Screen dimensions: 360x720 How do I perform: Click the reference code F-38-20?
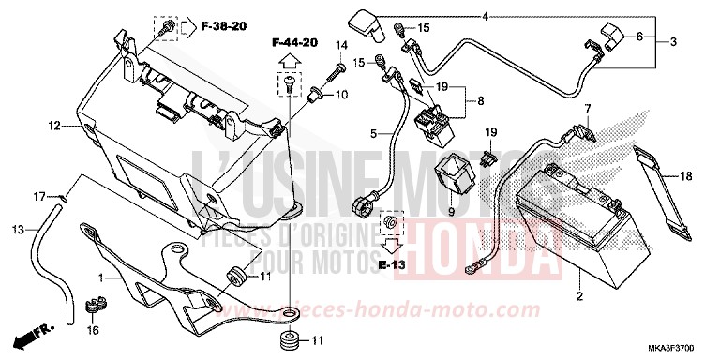click(x=223, y=25)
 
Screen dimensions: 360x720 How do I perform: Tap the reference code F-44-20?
click(x=295, y=43)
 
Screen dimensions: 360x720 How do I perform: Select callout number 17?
click(x=39, y=196)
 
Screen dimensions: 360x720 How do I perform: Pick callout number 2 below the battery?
click(x=579, y=296)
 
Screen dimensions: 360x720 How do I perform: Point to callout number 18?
click(x=686, y=175)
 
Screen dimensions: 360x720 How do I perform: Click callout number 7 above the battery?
click(x=588, y=109)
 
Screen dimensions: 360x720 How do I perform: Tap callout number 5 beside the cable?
click(x=373, y=135)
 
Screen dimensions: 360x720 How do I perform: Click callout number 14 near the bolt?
click(x=341, y=45)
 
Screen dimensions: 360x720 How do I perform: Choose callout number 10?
click(x=341, y=95)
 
